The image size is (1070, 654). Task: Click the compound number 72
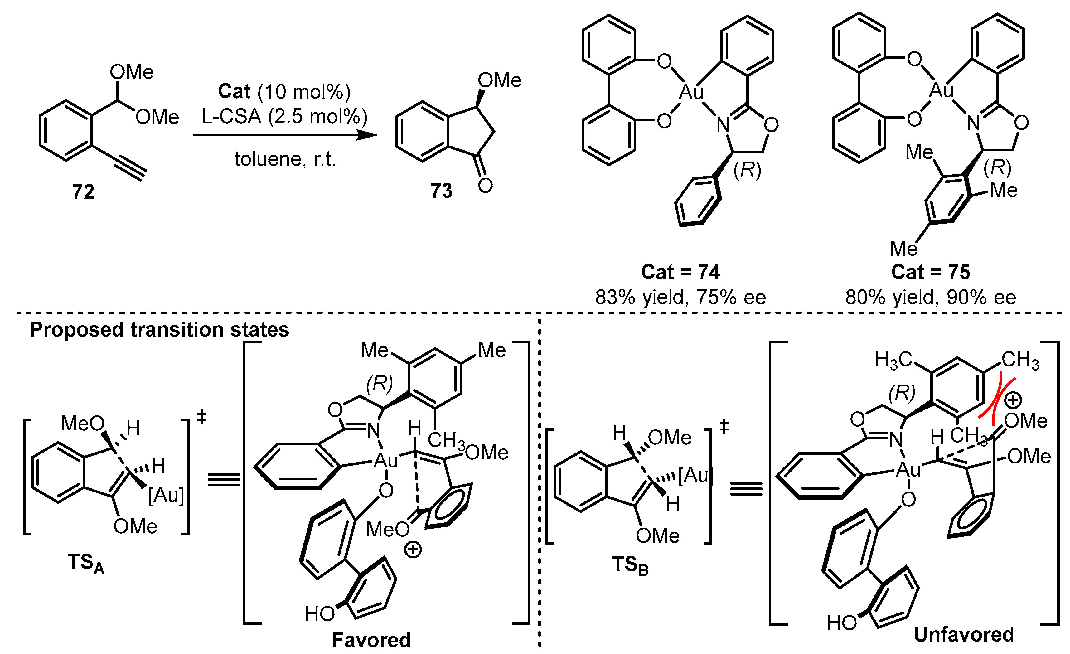click(83, 192)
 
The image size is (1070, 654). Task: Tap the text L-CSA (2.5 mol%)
click(284, 116)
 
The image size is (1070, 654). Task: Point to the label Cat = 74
click(680, 272)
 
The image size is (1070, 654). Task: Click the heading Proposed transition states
click(159, 330)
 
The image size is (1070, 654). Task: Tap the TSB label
click(630, 566)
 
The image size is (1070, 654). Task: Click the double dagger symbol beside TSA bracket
click(201, 418)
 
